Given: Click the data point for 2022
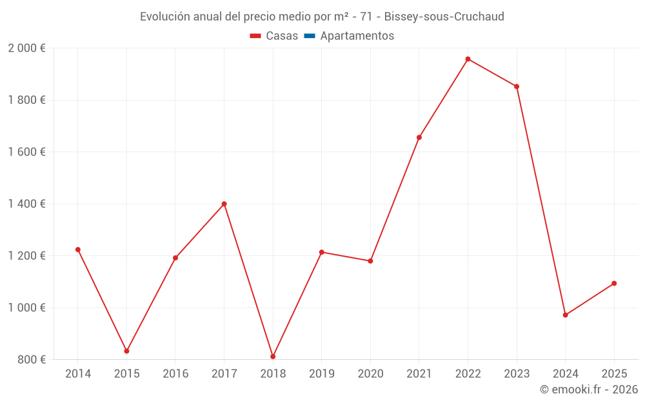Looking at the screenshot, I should tap(468, 59).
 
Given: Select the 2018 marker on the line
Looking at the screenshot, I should tap(273, 357).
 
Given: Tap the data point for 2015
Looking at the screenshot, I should tap(126, 351).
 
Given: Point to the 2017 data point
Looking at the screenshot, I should tap(224, 204).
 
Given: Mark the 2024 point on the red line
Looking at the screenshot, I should tap(565, 315).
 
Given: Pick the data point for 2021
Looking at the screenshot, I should tap(419, 137).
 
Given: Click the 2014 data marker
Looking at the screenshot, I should tap(78, 250).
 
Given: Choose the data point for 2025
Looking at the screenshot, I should tap(614, 283).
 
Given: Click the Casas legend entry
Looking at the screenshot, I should tap(274, 36).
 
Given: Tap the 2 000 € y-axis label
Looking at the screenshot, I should tap(26, 48).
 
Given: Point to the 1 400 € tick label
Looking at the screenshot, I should tap(26, 204).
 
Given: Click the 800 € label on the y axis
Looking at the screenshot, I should tap(31, 359).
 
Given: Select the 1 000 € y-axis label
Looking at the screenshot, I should tap(26, 308).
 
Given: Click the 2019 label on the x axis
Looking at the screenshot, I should tap(321, 374).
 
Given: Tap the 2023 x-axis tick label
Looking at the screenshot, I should tap(517, 374).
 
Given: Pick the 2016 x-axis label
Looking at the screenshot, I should tap(175, 374).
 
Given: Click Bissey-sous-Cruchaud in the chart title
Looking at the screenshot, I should tap(444, 16).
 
